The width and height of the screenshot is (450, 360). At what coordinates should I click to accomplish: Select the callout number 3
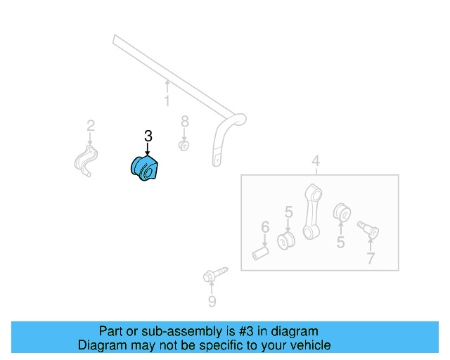148,136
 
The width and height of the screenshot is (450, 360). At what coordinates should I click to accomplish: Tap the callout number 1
167,102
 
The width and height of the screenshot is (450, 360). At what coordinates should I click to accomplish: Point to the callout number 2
90,126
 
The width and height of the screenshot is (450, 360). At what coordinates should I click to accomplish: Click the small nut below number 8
182,146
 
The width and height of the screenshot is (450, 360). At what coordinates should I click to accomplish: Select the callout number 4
316,162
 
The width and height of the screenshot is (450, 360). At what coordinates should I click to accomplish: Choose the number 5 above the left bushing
288,212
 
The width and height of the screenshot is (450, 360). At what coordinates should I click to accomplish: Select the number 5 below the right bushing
340,243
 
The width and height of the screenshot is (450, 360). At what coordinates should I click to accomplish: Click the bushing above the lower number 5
341,211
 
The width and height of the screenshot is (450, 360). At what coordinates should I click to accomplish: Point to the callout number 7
371,258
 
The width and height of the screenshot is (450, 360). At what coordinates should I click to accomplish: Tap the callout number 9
212,302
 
